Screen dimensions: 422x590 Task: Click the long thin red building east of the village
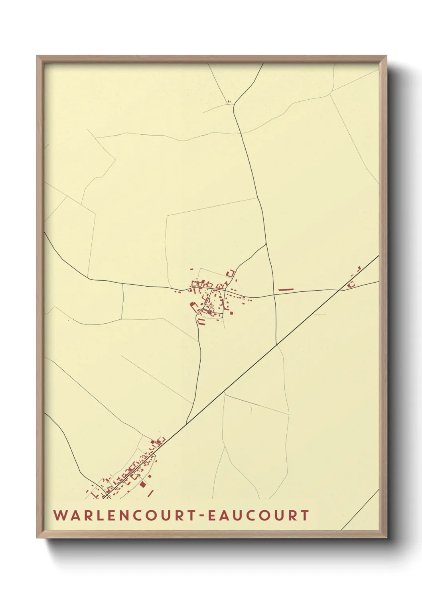286,289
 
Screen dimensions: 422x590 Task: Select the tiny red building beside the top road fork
229,102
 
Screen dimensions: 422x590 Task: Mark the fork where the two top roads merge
235,104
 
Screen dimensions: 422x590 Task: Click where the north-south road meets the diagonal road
276,344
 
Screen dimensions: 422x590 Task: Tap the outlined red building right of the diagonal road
351,285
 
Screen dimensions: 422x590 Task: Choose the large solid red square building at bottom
143,484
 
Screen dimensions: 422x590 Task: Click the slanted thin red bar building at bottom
150,494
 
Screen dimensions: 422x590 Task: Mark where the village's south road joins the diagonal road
186,423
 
